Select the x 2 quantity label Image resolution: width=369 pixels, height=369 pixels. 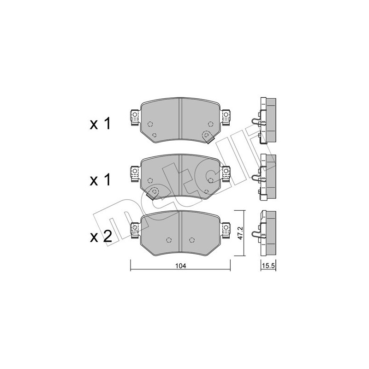[x=101, y=237]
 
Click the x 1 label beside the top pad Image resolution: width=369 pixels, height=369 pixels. [x=101, y=123]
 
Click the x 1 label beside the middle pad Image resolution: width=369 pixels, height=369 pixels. [x=101, y=180]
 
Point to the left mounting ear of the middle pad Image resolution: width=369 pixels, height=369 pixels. [x=135, y=172]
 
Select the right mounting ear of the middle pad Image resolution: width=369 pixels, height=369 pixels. [x=226, y=172]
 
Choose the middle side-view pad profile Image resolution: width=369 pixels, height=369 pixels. [x=266, y=177]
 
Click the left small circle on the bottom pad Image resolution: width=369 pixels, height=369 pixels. [x=168, y=240]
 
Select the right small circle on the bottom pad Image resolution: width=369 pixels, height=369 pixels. [x=192, y=240]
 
